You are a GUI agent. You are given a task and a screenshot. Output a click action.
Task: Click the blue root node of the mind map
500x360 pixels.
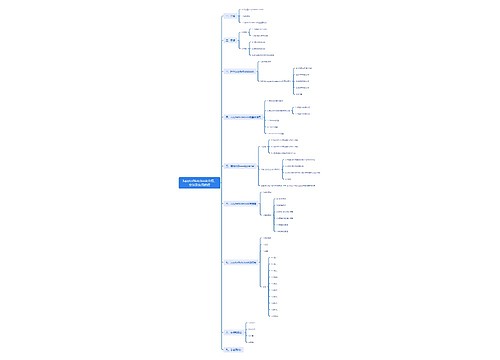tap(197, 183)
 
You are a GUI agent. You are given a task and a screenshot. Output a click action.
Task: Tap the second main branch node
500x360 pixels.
tap(231, 41)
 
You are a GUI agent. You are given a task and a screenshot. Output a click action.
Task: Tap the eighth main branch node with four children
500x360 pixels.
tap(235, 331)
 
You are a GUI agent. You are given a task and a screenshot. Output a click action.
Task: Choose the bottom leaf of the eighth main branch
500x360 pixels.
tap(253, 340)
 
